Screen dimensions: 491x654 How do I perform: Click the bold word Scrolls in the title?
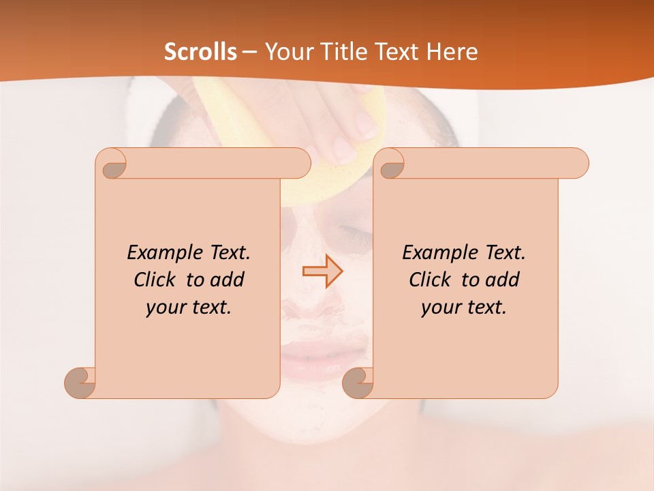[200, 52]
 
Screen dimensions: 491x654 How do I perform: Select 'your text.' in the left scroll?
[189, 307]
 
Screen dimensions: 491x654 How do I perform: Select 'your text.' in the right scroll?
[464, 307]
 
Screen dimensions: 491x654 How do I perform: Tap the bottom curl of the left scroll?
[80, 383]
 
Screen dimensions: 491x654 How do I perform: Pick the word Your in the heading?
[286, 52]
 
